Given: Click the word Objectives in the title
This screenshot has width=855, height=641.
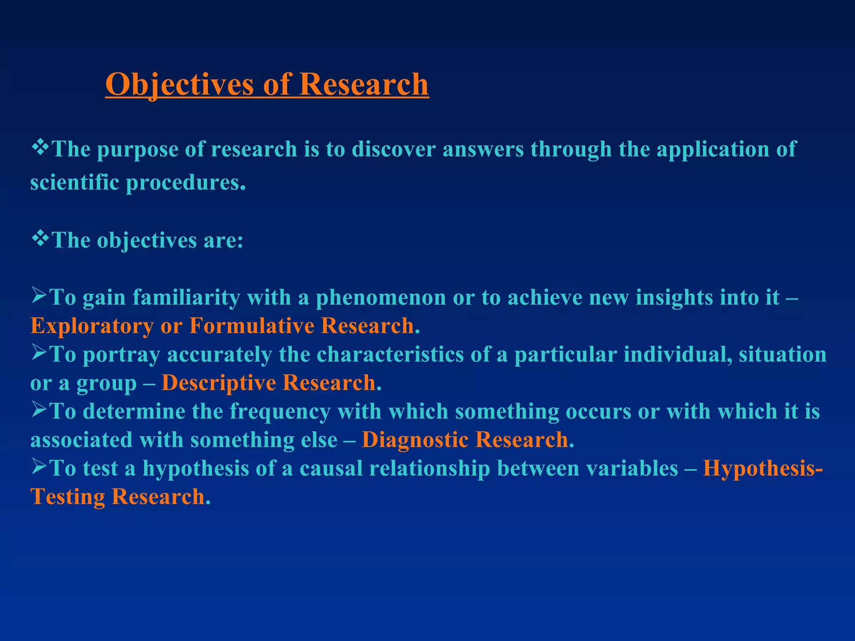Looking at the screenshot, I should tap(179, 85).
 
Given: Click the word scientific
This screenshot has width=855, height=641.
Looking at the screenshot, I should tap(75, 182).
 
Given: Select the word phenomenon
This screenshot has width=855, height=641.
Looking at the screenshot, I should tap(380, 298).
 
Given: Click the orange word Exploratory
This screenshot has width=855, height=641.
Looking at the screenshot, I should tap(92, 326).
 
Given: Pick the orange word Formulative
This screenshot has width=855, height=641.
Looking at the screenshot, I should tap(251, 326).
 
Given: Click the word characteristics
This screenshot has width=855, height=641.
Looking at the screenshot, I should tap(390, 355).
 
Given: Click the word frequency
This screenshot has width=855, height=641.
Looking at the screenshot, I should tap(280, 412).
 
